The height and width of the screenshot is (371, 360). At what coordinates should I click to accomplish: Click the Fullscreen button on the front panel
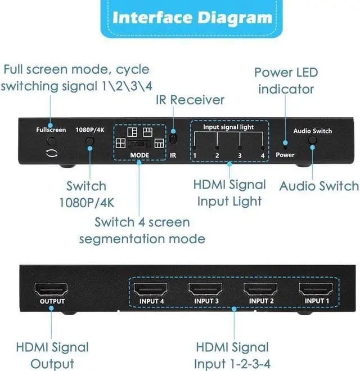coord(51,142)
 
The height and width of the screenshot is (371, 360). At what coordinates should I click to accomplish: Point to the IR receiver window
coord(173,138)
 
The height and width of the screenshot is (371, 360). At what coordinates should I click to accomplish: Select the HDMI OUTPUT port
coord(52,290)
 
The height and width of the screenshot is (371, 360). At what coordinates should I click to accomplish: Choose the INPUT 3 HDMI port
coord(206,290)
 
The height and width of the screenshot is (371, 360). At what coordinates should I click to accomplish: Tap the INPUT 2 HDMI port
coord(260,290)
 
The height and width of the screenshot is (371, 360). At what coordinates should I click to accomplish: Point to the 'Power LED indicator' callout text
coord(286,81)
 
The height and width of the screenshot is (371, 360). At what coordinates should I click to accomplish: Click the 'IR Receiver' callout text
coord(190,100)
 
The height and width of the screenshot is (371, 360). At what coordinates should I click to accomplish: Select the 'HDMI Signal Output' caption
coord(52,355)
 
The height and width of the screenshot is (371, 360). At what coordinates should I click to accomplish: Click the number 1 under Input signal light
coord(195,155)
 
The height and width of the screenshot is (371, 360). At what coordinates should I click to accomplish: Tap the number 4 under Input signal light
coord(262,155)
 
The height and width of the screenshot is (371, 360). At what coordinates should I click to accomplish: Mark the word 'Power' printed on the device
coord(285,155)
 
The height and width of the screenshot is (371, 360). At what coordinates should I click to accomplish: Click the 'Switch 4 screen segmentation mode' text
coord(142,230)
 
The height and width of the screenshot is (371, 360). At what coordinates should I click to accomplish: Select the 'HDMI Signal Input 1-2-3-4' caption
coord(231,355)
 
